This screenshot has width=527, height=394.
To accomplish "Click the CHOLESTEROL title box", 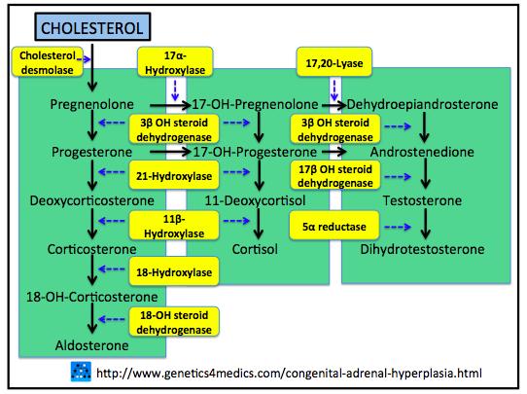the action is [92, 27].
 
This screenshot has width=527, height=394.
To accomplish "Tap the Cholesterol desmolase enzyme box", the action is [48, 62].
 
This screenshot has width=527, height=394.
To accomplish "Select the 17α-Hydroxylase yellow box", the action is [175, 62].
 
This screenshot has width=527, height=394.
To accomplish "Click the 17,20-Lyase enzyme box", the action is [334, 62].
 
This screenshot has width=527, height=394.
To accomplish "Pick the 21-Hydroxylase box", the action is [174, 175].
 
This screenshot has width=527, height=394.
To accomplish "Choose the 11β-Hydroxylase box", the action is [174, 226].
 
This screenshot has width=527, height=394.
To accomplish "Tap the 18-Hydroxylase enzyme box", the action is [174, 271].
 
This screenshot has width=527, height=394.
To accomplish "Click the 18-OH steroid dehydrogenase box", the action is [174, 322].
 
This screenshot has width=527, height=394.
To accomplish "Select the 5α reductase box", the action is [334, 226].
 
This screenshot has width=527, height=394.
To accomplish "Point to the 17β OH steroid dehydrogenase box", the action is [335, 175].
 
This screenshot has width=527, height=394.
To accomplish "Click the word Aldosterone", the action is [91, 345].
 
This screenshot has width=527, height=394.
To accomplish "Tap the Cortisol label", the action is [255, 249].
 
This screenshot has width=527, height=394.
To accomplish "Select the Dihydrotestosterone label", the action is [422, 249].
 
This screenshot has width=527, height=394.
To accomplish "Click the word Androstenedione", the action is [422, 152].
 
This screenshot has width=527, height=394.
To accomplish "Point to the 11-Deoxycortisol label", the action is [255, 201].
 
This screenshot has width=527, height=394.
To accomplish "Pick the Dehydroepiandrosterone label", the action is [422, 104].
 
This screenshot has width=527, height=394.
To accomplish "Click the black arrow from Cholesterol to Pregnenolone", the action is [92, 67].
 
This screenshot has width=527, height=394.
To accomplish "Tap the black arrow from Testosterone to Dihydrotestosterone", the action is [426, 224].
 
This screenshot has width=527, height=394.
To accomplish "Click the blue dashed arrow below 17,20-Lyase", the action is [334, 90].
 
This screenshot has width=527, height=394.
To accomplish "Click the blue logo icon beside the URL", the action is [81, 372].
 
